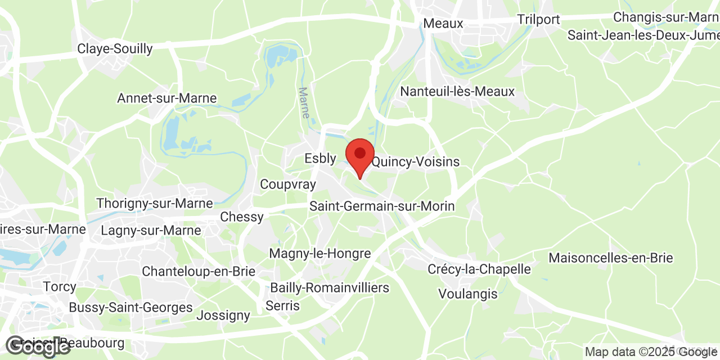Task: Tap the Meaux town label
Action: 443,24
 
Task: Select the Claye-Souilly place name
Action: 115,49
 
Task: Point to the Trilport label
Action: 538,20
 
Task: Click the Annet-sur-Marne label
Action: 166,98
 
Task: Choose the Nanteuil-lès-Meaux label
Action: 457,91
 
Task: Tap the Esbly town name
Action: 320,159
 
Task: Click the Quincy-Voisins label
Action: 416,162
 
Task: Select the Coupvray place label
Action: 287,184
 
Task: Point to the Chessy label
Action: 242,217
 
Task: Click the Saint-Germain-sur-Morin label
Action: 382,206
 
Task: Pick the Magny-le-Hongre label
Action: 320,254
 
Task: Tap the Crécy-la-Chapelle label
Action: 479,269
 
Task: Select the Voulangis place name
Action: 468,294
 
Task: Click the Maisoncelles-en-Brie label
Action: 610,258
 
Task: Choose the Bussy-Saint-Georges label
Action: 130,308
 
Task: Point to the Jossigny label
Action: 223,315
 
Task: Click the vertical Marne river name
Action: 304,102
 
